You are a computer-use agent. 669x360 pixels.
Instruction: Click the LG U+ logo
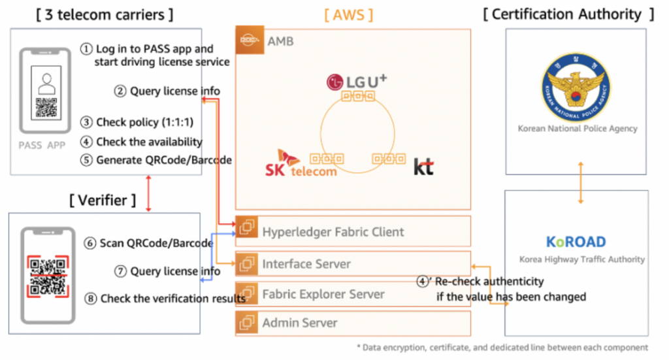(357, 82)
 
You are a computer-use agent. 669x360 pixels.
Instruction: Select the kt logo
(423, 167)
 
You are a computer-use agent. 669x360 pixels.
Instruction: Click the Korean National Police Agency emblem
(576, 88)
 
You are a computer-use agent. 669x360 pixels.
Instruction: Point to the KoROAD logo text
(576, 242)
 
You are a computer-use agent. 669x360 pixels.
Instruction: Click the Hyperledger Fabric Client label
(333, 231)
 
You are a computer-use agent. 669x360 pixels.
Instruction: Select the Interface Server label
(306, 264)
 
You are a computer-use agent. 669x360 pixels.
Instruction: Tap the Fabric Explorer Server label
(323, 294)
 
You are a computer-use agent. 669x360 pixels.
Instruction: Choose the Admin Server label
(300, 323)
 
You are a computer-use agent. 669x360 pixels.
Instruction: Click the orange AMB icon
(250, 40)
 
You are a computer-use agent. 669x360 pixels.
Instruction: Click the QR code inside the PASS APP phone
(46, 108)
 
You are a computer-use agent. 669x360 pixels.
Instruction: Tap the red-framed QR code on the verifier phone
(48, 276)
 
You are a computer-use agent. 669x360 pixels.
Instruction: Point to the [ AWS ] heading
(349, 15)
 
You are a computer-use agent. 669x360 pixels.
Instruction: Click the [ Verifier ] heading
(103, 200)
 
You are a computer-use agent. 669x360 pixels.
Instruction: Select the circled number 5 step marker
(87, 160)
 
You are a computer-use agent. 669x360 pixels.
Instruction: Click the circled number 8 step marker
(90, 299)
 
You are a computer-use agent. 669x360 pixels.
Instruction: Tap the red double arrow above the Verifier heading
(148, 193)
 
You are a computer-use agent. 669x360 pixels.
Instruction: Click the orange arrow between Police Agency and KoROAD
(581, 182)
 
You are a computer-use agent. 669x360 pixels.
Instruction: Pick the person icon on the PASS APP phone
(46, 84)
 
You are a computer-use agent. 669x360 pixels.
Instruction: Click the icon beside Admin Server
(246, 323)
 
